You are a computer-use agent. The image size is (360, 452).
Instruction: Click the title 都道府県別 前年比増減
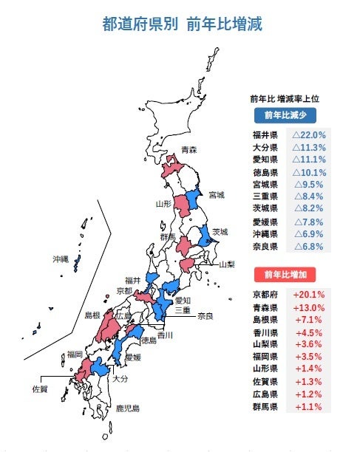click(181, 24)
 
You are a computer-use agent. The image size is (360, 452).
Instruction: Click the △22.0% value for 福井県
click(308, 135)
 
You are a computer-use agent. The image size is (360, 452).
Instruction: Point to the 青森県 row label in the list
click(265, 308)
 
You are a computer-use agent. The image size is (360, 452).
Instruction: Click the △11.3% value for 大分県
click(308, 148)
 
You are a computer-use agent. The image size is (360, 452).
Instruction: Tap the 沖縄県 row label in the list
click(265, 233)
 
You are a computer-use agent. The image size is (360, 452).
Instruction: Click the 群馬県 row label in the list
click(265, 406)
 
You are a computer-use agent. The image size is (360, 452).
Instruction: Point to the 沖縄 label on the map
click(60, 260)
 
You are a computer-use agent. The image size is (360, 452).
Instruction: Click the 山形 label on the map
click(163, 203)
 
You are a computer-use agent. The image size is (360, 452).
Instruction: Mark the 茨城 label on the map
click(219, 232)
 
